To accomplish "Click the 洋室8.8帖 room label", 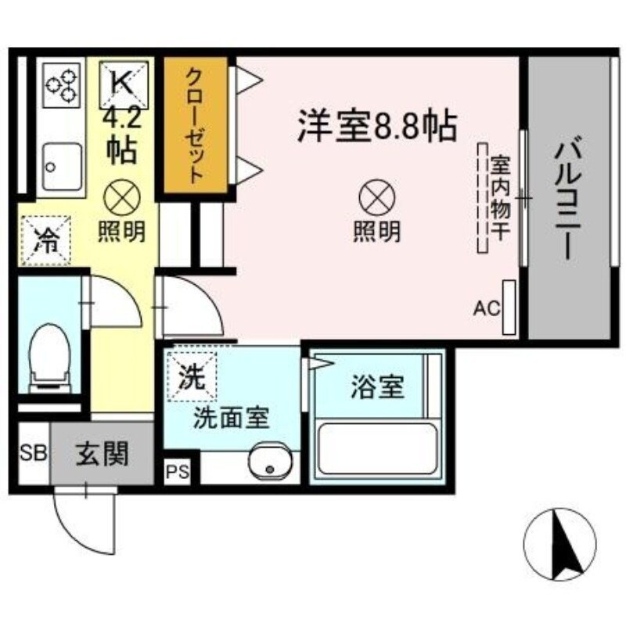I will (376, 125).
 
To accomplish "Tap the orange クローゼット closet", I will (195, 125).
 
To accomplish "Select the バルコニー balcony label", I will (568, 200).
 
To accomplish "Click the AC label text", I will (486, 308).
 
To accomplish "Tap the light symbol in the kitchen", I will (121, 197).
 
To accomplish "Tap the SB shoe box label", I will (32, 453).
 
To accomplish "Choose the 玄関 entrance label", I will (102, 453).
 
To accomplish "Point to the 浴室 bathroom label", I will (376, 387).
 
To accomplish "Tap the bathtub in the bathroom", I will (376, 449).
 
